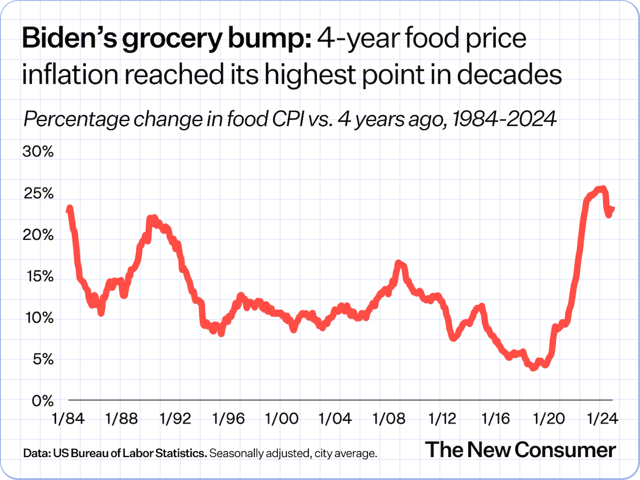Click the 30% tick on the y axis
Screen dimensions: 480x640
click(38, 152)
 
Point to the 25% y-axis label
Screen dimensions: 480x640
click(38, 194)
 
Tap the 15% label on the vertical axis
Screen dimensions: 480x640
click(38, 277)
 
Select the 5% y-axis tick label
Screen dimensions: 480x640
click(42, 359)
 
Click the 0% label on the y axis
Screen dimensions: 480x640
click(42, 401)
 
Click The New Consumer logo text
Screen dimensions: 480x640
click(520, 450)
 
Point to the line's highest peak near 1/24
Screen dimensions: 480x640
click(602, 188)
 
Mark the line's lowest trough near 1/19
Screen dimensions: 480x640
click(533, 367)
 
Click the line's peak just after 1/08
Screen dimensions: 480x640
click(398, 263)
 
